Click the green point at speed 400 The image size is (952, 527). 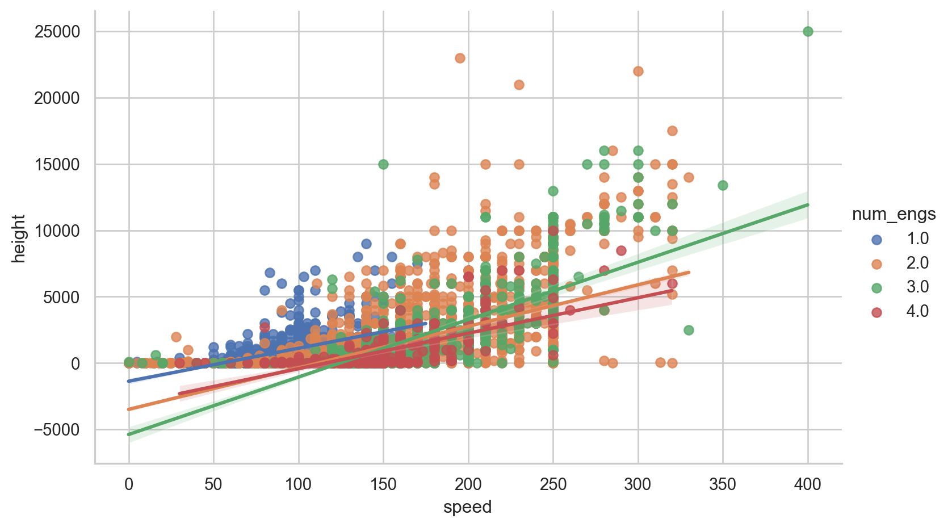tap(808, 31)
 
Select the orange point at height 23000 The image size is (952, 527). tap(460, 58)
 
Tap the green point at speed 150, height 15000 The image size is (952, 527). tap(383, 164)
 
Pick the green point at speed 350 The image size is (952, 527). tap(723, 185)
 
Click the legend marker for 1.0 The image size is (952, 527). tap(877, 239)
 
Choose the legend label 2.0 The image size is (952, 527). tap(917, 263)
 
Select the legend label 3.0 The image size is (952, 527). tap(917, 287)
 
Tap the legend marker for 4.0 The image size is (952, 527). tap(877, 312)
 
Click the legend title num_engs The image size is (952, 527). tap(894, 214)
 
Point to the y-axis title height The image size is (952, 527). tap(19, 239)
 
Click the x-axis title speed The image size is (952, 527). tap(467, 507)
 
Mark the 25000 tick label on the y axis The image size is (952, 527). tap(57, 32)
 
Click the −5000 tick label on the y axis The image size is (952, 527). tap(57, 430)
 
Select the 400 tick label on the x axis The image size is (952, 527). tap(808, 484)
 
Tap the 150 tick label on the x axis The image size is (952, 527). tap(383, 484)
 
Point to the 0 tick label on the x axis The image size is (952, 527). tap(129, 484)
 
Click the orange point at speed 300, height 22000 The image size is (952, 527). tap(638, 71)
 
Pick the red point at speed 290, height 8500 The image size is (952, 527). tap(621, 250)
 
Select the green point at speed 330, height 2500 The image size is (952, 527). tap(689, 330)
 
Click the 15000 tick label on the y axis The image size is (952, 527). tap(57, 165)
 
